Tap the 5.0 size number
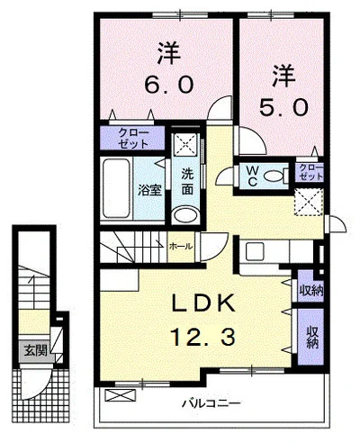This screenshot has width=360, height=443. point(283,108)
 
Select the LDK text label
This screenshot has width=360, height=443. point(202,303)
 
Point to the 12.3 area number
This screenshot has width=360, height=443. point(202,337)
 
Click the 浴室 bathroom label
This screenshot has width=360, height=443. point(149,190)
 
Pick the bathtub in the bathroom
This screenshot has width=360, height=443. point(116,188)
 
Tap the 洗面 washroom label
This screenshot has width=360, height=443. point(187,182)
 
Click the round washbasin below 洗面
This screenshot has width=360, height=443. point(185,214)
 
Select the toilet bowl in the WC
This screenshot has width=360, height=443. point(274,176)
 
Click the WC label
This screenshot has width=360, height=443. point(253,176)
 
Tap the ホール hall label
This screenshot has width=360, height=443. point(180,247)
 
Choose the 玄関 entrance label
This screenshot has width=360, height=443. point(36,350)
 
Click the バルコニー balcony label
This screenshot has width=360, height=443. point(211,403)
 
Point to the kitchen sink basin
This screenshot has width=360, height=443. point(255,251)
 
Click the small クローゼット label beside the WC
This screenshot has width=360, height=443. point(311,172)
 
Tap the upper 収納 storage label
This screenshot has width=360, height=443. point(311,291)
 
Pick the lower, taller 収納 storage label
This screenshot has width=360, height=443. point(312,337)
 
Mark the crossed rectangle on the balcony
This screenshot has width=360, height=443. point(120,395)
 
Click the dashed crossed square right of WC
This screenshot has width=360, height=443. point(309,202)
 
